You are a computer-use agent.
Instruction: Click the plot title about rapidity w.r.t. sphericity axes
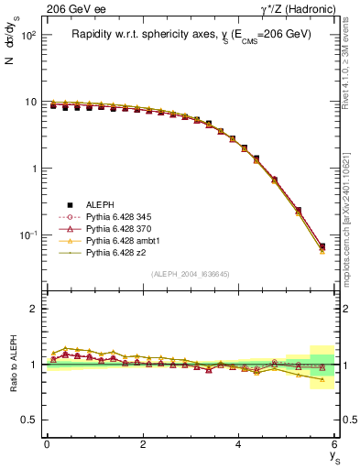[191, 34]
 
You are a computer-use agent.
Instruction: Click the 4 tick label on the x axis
[239, 443]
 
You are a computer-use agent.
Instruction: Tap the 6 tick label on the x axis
[334, 443]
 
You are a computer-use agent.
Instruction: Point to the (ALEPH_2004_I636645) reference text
[191, 274]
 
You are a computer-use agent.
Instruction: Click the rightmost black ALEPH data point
[322, 246]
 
